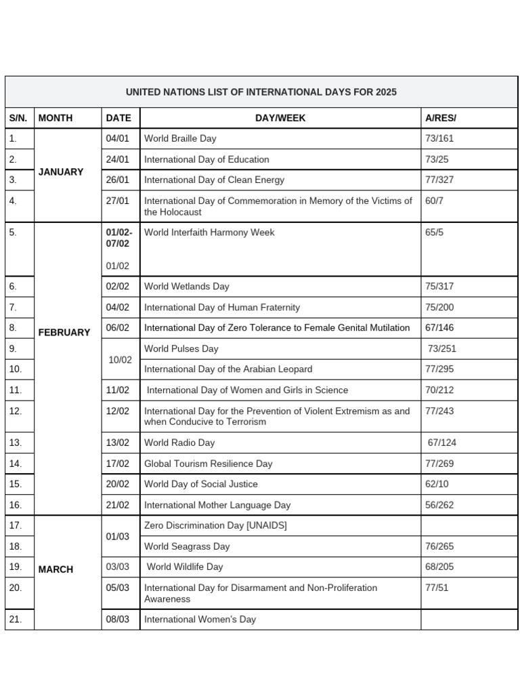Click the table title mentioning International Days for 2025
[261, 92]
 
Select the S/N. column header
[18, 118]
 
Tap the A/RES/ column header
[441, 118]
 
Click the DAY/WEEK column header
[280, 118]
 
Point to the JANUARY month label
[61, 172]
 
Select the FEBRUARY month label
[64, 333]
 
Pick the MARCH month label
[56, 569]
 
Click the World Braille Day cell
[180, 138]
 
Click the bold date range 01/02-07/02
[118, 238]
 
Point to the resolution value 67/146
[439, 328]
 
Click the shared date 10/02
[120, 359]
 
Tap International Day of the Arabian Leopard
[228, 369]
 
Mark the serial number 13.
[16, 443]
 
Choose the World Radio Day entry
[179, 443]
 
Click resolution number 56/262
[439, 505]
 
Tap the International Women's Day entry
[200, 619]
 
